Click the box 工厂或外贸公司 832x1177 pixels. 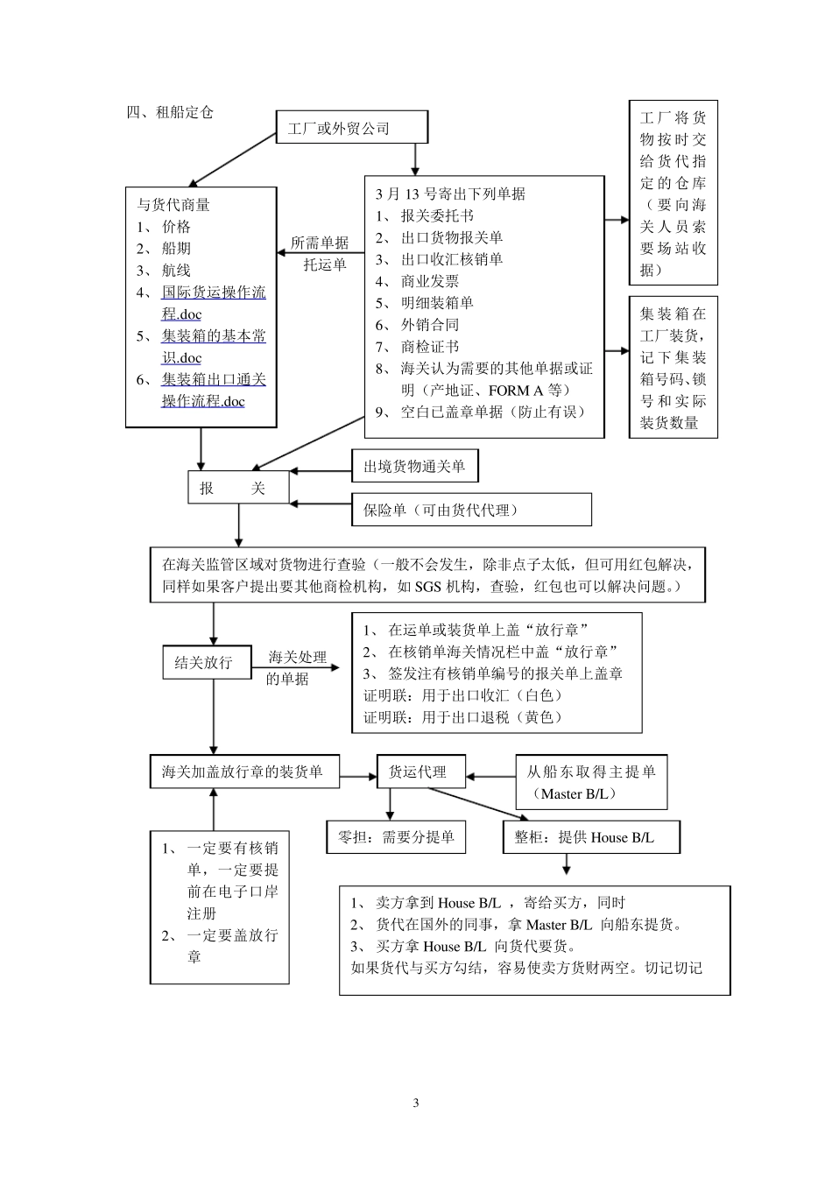point(352,128)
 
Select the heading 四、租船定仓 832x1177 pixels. point(170,112)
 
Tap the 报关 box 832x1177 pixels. point(238,488)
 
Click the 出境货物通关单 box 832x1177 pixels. point(415,467)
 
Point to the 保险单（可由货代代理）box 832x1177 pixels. point(471,510)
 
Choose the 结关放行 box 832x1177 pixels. point(203,662)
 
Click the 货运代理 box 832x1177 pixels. point(420,772)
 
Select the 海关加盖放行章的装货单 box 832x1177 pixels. point(243,772)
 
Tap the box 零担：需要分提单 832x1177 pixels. point(396,837)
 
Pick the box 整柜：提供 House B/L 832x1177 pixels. point(591,837)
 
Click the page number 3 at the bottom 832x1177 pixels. point(416,1103)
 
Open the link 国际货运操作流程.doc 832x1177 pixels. point(213,303)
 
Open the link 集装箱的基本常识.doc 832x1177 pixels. point(213,347)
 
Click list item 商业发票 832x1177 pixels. point(429,281)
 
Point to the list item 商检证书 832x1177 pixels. point(429,347)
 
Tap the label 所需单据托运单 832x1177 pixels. point(321,254)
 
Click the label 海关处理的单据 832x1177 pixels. point(296,667)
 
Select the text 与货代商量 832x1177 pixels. point(173,205)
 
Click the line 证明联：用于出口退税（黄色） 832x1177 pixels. point(462,717)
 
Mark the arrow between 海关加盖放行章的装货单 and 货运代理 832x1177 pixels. point(357,776)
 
